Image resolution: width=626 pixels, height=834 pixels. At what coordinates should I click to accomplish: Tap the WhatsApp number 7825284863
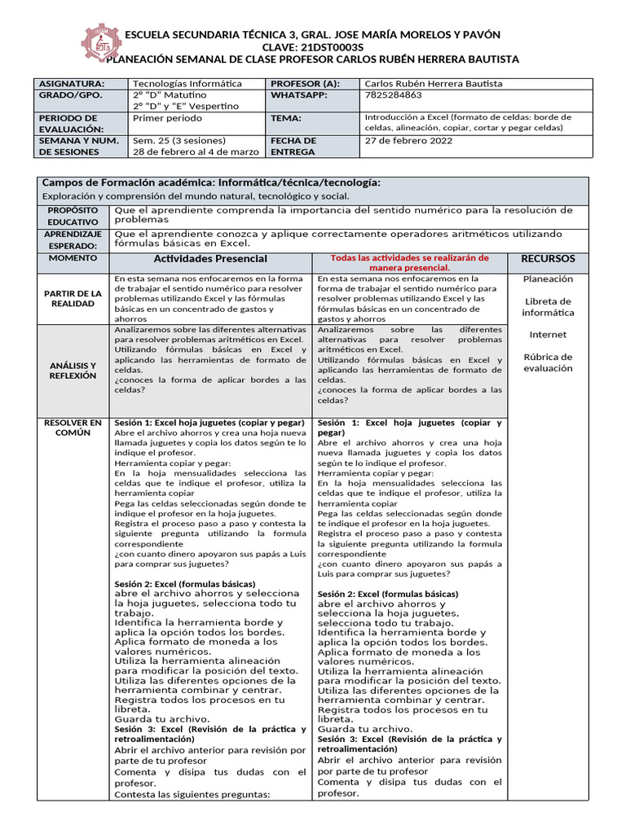[x=393, y=95]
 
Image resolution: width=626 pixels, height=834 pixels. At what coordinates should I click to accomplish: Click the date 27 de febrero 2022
[x=408, y=140]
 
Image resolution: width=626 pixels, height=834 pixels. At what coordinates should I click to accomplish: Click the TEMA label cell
[x=287, y=118]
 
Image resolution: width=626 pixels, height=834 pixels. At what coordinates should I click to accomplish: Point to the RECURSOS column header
[x=548, y=259]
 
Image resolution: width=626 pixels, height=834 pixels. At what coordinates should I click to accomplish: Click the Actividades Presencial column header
[x=210, y=259]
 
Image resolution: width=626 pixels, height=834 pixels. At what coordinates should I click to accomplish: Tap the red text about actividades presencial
[x=409, y=262]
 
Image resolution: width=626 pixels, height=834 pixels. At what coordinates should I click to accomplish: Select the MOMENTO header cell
[x=73, y=258]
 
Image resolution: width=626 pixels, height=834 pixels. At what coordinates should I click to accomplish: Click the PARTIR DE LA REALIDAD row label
[x=73, y=298]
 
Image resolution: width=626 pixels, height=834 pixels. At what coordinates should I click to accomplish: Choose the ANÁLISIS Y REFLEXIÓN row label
[x=73, y=371]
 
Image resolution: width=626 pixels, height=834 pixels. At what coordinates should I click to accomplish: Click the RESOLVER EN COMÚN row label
[x=73, y=428]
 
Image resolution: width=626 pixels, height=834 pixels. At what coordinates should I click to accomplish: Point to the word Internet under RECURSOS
[x=548, y=335]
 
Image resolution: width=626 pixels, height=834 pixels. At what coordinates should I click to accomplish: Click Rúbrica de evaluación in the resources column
[x=548, y=362]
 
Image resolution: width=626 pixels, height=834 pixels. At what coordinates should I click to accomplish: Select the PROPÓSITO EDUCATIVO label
[x=73, y=216]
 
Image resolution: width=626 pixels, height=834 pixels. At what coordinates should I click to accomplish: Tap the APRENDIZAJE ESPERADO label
[x=73, y=239]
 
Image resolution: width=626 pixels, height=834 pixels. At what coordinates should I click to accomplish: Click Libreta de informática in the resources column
[x=548, y=307]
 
